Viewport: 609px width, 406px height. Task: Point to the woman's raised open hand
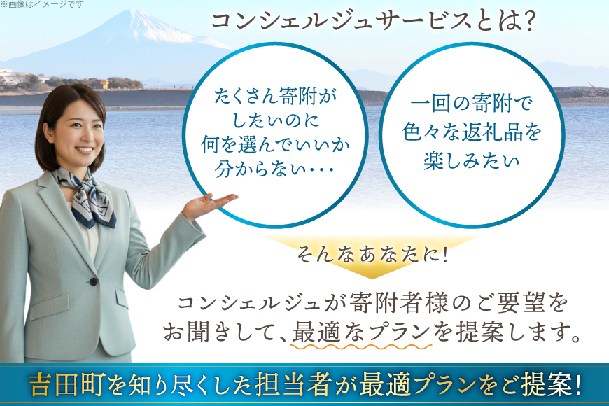pos(210,204)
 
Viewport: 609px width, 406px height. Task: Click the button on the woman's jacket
pos(92,282)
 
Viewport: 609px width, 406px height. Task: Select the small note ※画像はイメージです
pos(41,5)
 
